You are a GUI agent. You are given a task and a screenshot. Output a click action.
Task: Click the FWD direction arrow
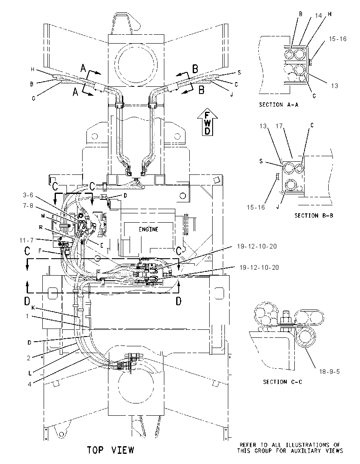pyautogui.click(x=208, y=122)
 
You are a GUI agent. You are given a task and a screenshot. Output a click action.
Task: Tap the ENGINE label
pyautogui.click(x=149, y=229)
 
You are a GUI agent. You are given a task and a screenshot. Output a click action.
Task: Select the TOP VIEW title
pyautogui.click(x=111, y=450)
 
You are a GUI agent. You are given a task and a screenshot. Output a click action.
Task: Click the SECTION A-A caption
pyautogui.click(x=279, y=105)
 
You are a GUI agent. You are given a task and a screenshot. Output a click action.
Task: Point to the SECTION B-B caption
pyautogui.click(x=313, y=216)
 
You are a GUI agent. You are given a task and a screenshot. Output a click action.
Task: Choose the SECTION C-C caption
pyautogui.click(x=282, y=382)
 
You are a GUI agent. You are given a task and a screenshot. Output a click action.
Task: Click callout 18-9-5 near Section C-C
pyautogui.click(x=329, y=371)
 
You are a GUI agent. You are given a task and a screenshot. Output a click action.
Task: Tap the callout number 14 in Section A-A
pyautogui.click(x=318, y=15)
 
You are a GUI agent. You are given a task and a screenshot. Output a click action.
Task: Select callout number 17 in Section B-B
pyautogui.click(x=279, y=126)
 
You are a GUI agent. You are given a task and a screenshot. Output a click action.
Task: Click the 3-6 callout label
pyautogui.click(x=28, y=195)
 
